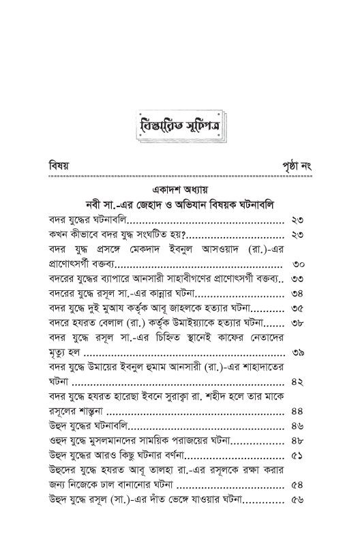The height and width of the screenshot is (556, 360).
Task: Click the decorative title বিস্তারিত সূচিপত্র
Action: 179,127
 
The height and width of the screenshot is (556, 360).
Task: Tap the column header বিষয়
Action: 59,166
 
